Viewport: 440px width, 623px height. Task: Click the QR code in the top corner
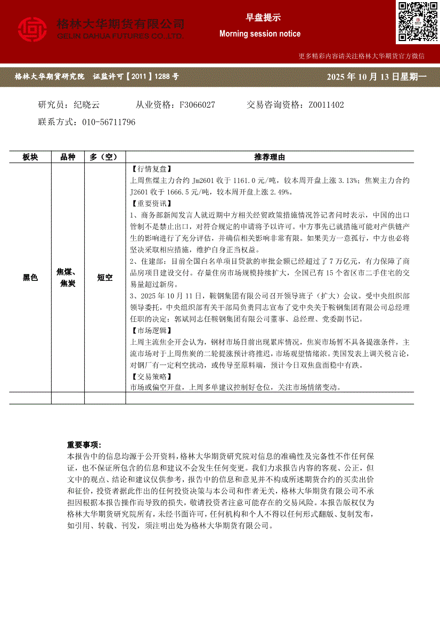coord(417,21)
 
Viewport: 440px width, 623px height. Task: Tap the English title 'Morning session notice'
coord(259,34)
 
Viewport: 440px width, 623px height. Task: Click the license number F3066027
coord(198,105)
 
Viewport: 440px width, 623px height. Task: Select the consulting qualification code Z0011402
coord(326,105)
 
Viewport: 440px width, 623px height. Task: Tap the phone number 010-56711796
coord(109,122)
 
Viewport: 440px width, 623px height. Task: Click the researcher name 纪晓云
coord(86,105)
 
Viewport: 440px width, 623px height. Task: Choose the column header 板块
coord(30,157)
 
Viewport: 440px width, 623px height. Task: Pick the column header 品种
coord(68,157)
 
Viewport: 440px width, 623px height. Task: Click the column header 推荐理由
coord(270,157)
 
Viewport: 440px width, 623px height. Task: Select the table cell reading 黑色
coord(30,277)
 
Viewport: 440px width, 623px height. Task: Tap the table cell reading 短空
coord(105,277)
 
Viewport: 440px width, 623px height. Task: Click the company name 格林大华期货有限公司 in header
coord(120,24)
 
